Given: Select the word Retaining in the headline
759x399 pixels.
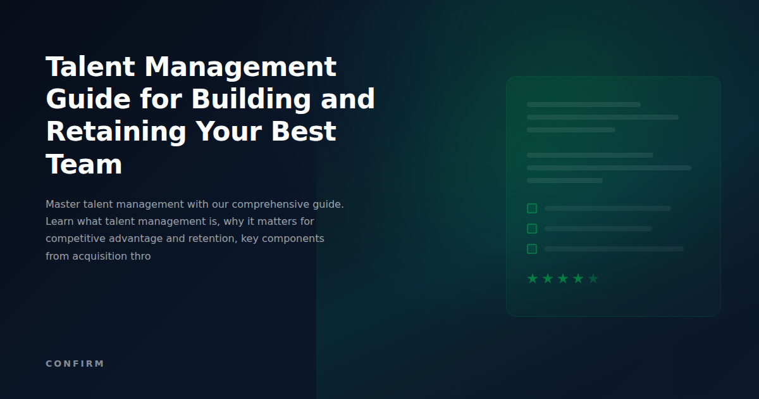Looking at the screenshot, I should tap(116, 132).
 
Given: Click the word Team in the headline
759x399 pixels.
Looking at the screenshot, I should tap(84, 165).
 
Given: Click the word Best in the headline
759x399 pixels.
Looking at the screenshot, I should tap(304, 132).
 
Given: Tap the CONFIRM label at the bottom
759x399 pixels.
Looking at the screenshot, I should tap(75, 364).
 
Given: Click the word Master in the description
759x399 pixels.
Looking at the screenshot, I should tap(63, 205).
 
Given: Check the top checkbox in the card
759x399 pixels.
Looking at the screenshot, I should tap(532, 208).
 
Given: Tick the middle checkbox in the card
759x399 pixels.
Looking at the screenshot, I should tap(532, 229).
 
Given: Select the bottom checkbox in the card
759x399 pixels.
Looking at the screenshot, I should tap(532, 249).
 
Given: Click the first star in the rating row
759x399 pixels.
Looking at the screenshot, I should tap(533, 279).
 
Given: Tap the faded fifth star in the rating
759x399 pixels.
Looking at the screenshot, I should tap(593, 279).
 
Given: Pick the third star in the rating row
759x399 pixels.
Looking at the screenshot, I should tap(563, 279).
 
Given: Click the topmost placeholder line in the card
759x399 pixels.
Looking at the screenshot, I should tap(583, 104).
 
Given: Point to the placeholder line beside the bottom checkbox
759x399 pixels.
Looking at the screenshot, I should tap(614, 249).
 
